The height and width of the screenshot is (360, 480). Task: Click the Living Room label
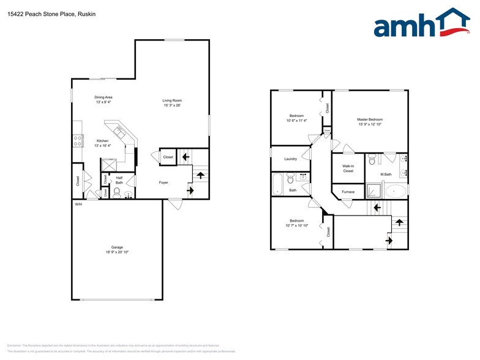pos(172,100)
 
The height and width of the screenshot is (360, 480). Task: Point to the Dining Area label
pos(103,97)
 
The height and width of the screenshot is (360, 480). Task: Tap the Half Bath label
pos(119,179)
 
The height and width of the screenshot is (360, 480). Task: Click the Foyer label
pos(163,182)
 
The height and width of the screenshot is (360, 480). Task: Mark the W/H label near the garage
pos(78,204)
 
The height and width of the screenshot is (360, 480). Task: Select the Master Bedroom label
pos(370,119)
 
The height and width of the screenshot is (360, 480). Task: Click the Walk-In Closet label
pos(348,168)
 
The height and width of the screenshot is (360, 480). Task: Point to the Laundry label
pos(291,159)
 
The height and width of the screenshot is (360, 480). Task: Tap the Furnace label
pos(348,192)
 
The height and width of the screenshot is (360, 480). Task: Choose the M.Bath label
pos(386,174)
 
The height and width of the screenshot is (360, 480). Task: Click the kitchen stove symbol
pos(78,140)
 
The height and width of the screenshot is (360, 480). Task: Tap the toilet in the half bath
pos(116,191)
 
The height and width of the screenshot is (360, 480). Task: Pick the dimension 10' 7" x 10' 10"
pos(296,225)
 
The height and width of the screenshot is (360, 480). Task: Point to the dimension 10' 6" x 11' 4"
pos(296,121)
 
